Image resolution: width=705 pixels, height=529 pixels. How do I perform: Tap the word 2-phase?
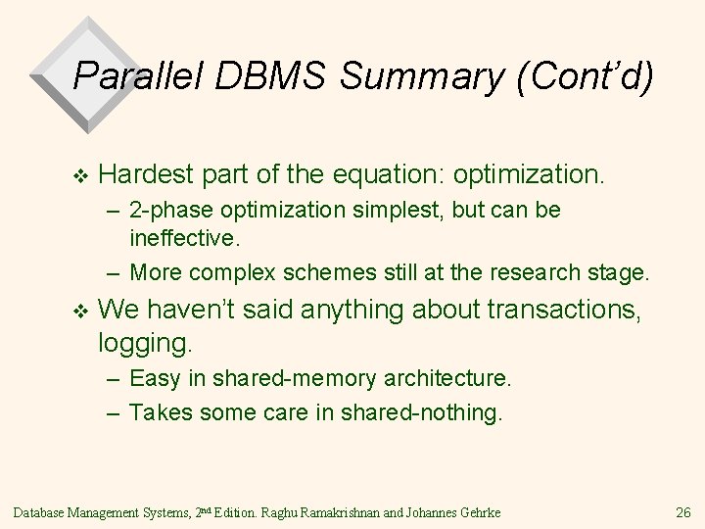tap(170, 212)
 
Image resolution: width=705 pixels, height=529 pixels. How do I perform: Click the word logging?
tap(146, 343)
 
